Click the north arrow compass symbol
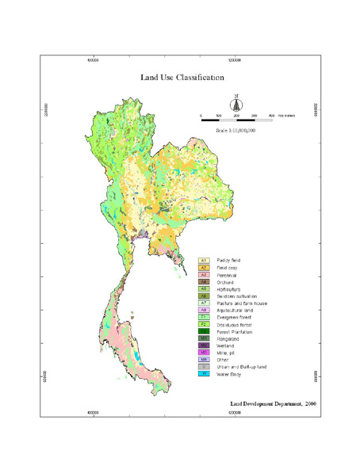point(236,104)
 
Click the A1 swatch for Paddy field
point(204,260)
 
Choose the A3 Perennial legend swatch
point(204,275)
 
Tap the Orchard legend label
point(225,282)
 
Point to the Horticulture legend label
point(229,289)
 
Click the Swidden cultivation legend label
point(236,296)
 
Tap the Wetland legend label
point(226,346)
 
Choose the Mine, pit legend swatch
point(204,353)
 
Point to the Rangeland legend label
point(228,339)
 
